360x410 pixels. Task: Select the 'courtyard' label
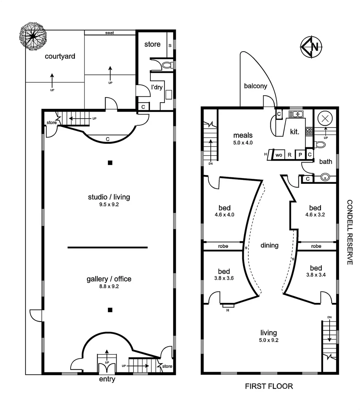click(x=60, y=57)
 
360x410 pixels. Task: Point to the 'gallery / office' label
click(x=109, y=279)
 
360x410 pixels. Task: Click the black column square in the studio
click(x=110, y=163)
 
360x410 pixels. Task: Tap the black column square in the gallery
click(x=110, y=310)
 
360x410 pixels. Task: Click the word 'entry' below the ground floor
click(x=107, y=379)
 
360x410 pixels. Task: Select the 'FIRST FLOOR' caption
click(x=269, y=386)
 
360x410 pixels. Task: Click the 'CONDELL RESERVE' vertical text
click(x=350, y=232)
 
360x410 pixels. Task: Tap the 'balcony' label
click(x=256, y=86)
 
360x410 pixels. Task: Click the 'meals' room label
click(x=243, y=135)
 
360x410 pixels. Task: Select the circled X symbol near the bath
click(x=325, y=118)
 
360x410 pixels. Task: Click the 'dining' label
click(x=269, y=245)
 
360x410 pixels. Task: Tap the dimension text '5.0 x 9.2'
click(x=269, y=340)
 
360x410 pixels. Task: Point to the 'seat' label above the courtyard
click(x=109, y=33)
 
